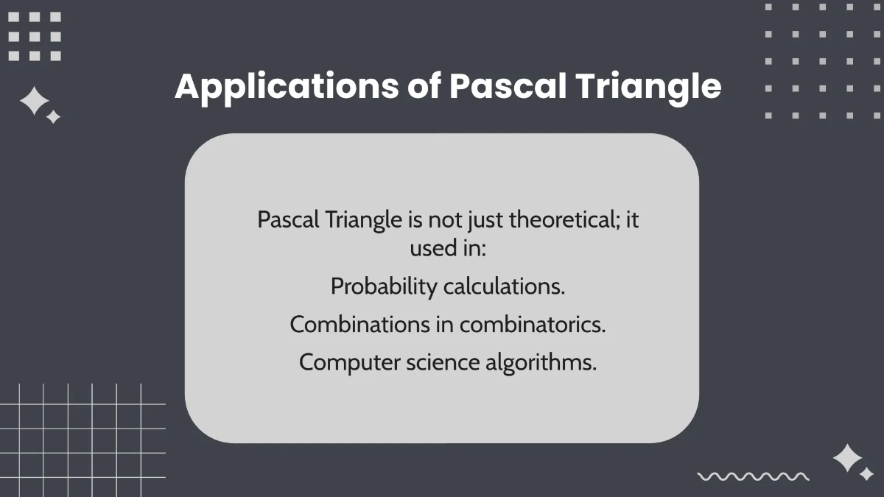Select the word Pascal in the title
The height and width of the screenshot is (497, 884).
click(x=507, y=87)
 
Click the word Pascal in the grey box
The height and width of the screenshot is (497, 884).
click(x=289, y=220)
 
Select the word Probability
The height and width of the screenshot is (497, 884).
click(x=384, y=286)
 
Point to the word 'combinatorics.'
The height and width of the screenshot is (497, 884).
click(x=533, y=325)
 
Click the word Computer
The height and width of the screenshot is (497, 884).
click(x=350, y=363)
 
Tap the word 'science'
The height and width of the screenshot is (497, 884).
click(x=442, y=363)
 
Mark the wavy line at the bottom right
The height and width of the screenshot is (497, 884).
click(x=753, y=476)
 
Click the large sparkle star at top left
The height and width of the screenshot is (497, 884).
click(x=34, y=102)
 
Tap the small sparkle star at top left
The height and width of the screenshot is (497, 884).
click(x=53, y=117)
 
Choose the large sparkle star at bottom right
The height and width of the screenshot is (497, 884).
click(x=848, y=458)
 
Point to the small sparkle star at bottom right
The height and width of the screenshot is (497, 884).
click(x=866, y=474)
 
